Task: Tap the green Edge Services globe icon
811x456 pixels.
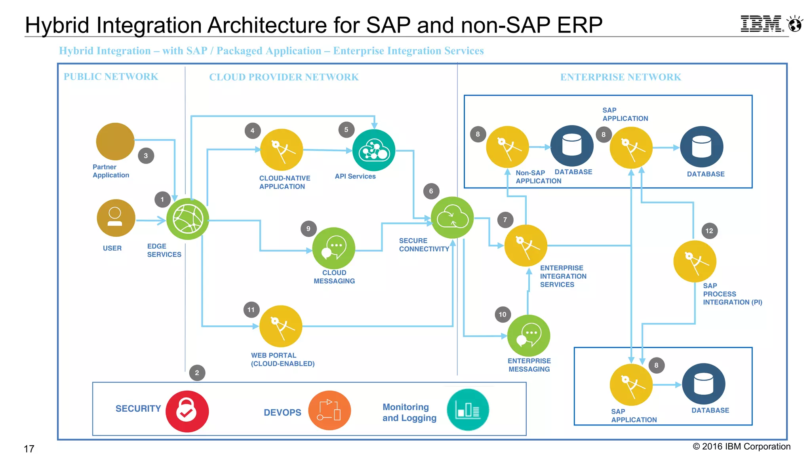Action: [x=187, y=219]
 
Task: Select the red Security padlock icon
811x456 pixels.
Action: [x=187, y=411]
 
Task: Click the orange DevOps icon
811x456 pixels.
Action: [x=329, y=410]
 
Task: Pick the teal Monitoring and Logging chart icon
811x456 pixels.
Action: [x=468, y=410]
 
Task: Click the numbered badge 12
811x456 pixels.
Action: [x=709, y=231]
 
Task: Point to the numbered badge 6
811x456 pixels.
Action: [x=431, y=191]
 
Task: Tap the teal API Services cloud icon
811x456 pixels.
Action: [x=374, y=150]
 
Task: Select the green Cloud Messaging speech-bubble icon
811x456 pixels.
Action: [x=333, y=248]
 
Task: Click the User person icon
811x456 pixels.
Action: [x=116, y=218]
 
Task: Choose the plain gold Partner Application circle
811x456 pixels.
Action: [x=115, y=141]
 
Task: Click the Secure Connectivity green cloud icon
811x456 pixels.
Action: [x=452, y=217]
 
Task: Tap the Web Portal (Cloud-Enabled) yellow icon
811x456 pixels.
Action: [x=281, y=326]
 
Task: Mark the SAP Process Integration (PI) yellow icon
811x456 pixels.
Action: [x=695, y=261]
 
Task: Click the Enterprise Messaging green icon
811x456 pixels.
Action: [x=528, y=336]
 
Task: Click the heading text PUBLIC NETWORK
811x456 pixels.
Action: [x=111, y=76]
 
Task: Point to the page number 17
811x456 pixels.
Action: [x=29, y=449]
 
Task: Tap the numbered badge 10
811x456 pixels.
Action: [x=503, y=315]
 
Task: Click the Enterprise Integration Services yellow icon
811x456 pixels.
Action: [x=525, y=245]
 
